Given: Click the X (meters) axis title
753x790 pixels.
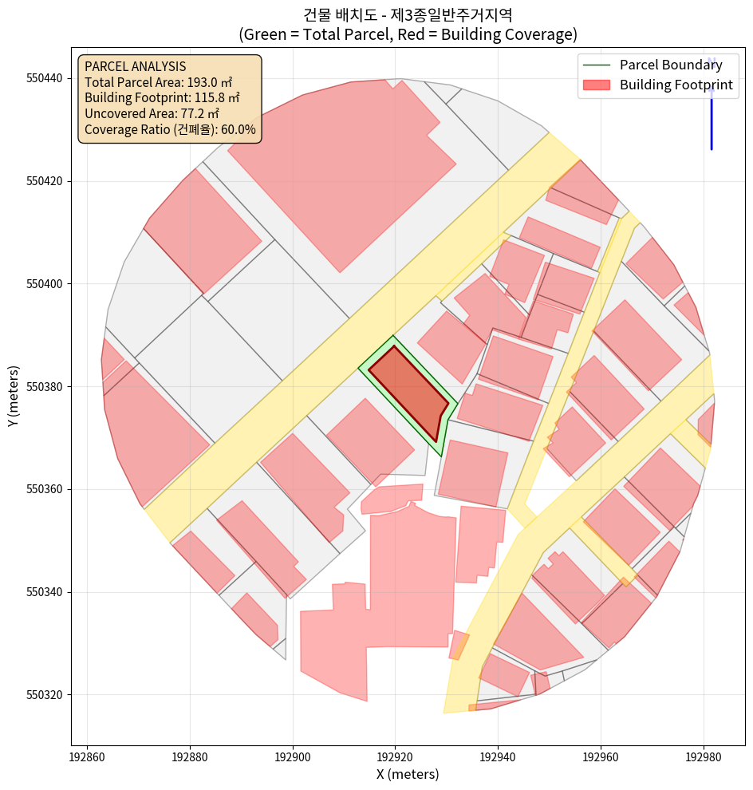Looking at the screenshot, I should coord(408,774).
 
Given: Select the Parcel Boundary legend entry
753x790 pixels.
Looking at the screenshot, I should coord(671,65).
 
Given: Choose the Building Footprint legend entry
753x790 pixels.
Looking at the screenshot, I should coord(676,85).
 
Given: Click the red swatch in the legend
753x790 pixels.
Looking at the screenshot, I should coord(597,85).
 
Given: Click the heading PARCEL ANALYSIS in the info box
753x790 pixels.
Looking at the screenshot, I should coord(135,66).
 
